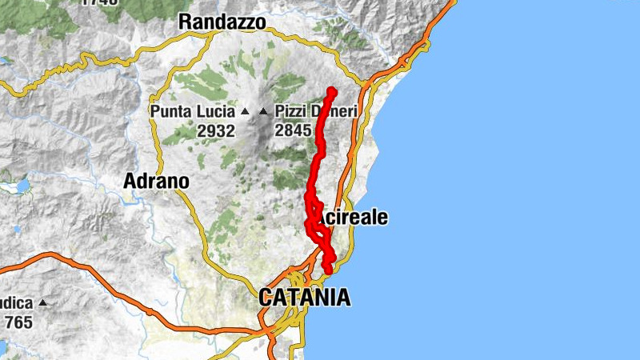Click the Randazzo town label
(x=222, y=22)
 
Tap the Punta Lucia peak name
(x=193, y=112)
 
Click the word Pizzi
(x=290, y=112)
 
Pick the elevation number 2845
(x=293, y=130)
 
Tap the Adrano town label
(x=156, y=182)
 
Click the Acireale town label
(x=353, y=218)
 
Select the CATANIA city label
(x=304, y=298)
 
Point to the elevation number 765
(x=18, y=322)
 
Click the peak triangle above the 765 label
(x=42, y=304)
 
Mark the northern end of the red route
(x=331, y=90)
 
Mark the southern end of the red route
(x=328, y=271)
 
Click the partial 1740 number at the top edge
(x=99, y=3)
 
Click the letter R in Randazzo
(x=186, y=22)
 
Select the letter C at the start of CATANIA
(x=266, y=298)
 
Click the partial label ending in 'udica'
(x=16, y=304)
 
